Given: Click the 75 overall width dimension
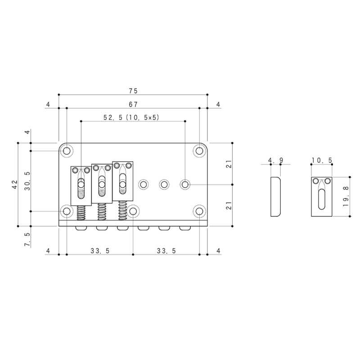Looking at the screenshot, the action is pyautogui.click(x=133, y=91).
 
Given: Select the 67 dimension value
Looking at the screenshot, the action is pyautogui.click(x=133, y=104).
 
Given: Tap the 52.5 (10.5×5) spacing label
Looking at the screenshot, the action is pyautogui.click(x=131, y=117).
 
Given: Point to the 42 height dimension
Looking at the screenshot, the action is pyautogui.click(x=15, y=184).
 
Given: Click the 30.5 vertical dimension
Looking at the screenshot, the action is pyautogui.click(x=27, y=181).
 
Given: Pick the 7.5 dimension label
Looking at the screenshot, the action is pyautogui.click(x=27, y=240).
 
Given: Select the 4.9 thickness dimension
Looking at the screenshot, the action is pyautogui.click(x=275, y=160).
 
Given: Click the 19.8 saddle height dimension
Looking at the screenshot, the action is pyautogui.click(x=346, y=196).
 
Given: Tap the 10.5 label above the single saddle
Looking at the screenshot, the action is pyautogui.click(x=322, y=160).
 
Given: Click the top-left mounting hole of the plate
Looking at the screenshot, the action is pyautogui.click(x=67, y=151).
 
